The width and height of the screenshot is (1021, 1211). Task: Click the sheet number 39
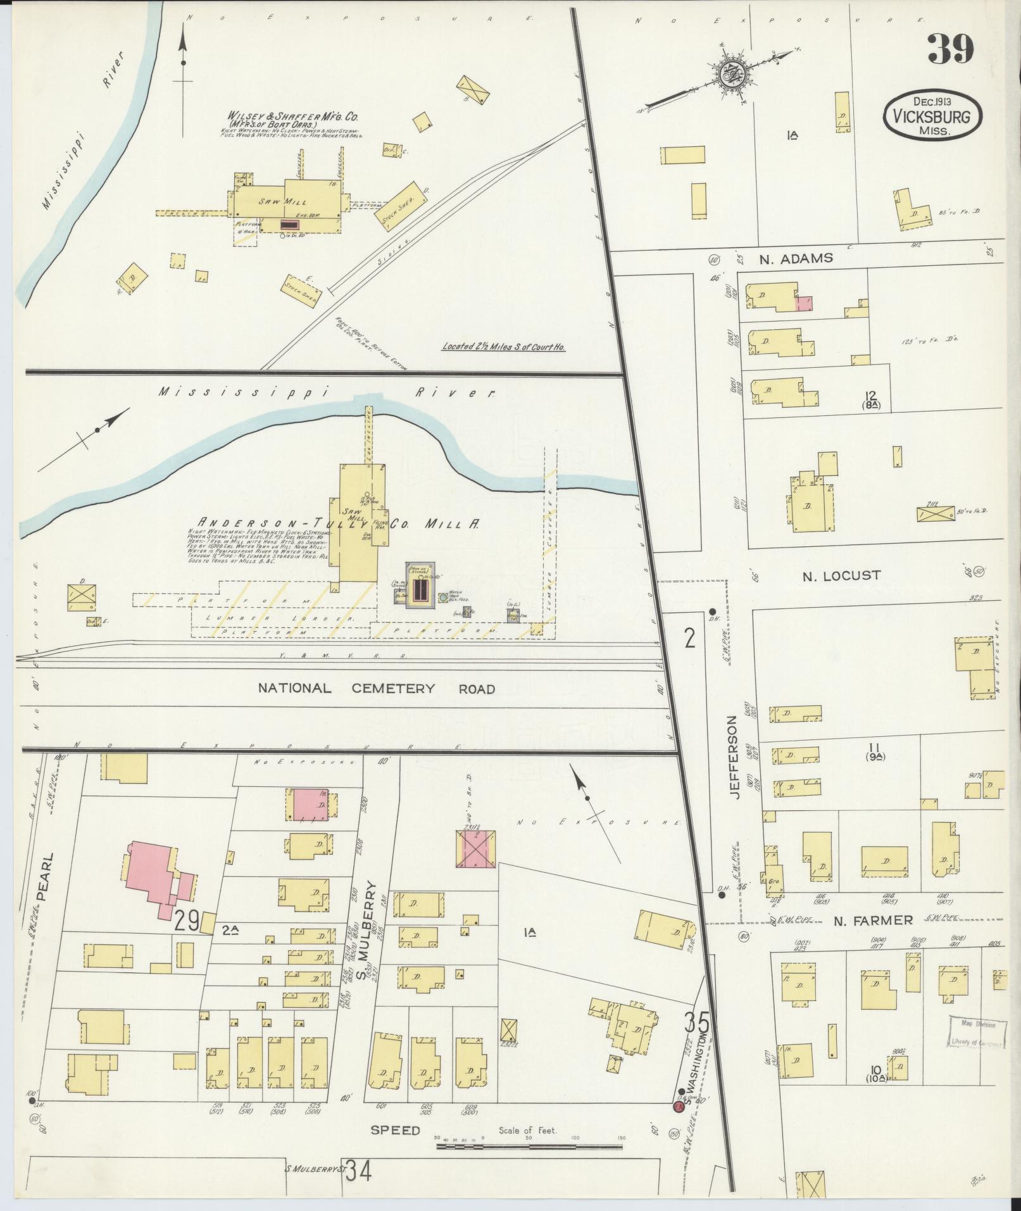pos(951,49)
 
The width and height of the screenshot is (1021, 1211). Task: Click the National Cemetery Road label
pos(377,688)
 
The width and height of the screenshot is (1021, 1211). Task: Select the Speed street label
pos(396,1130)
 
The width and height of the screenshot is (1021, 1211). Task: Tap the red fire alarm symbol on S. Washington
pos(678,1107)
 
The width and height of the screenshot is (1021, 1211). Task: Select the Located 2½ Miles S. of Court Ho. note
pos(503,346)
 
